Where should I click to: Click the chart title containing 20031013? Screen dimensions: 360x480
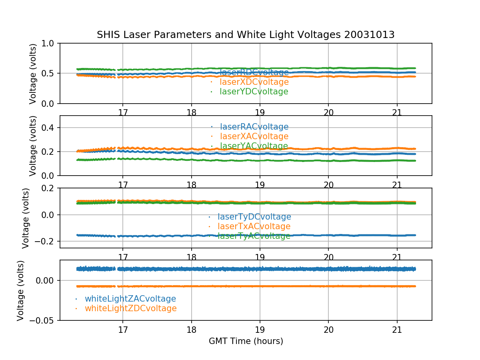[246, 35]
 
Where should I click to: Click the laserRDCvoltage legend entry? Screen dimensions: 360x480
[254, 72]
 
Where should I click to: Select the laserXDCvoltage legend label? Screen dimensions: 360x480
[254, 82]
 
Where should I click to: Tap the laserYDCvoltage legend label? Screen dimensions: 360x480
[254, 92]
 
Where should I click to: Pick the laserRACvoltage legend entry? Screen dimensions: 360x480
[254, 127]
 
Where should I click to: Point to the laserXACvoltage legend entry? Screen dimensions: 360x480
[254, 136]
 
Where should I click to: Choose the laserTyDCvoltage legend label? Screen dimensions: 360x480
[254, 217]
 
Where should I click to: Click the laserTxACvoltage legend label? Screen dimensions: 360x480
[254, 226]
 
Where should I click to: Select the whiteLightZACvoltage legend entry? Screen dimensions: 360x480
[130, 299]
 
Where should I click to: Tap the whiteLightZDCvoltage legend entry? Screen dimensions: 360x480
[130, 308]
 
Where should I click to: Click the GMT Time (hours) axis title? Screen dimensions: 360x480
[246, 341]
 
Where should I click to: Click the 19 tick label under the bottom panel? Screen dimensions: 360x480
[260, 330]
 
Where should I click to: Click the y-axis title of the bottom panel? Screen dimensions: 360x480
[21, 290]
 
